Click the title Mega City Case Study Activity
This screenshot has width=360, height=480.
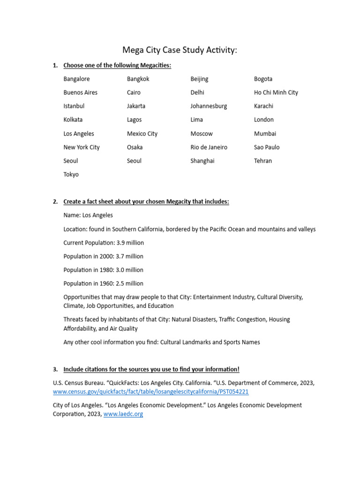tap(180, 50)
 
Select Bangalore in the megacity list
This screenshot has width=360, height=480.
tap(76, 79)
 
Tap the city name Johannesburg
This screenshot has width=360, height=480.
tap(209, 106)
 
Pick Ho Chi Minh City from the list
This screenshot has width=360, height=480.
tap(276, 92)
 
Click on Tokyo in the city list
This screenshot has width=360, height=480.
tap(71, 174)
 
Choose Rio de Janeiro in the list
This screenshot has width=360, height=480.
tap(209, 147)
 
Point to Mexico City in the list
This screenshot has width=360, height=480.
tap(142, 134)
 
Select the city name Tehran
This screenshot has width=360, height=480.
tap(262, 161)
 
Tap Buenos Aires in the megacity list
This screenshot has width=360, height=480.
tap(81, 92)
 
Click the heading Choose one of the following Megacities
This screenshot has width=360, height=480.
tap(117, 65)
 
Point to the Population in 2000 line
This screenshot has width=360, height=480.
tap(103, 256)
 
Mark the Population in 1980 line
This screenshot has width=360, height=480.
tap(103, 270)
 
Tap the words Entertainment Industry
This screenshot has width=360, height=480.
tap(223, 297)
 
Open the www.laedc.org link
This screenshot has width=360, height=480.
tap(123, 414)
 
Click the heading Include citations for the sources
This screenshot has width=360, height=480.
tap(151, 369)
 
